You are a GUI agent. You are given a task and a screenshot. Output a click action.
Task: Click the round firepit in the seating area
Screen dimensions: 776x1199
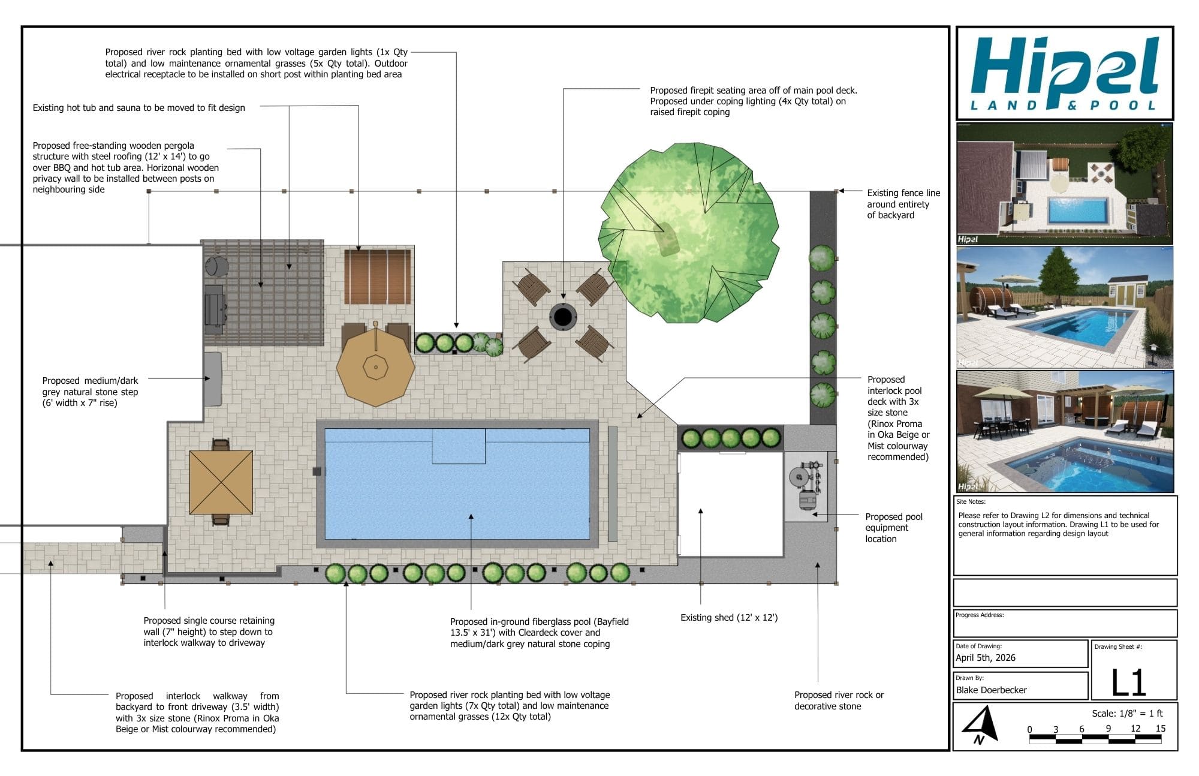(563, 315)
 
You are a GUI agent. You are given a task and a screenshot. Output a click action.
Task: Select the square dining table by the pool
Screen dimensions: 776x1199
(221, 482)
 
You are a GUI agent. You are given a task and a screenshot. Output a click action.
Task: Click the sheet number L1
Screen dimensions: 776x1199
(1128, 682)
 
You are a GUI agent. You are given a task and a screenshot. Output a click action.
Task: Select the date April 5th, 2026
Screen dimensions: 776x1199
(986, 658)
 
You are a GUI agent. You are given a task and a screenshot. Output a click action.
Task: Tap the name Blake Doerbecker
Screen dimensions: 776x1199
(991, 690)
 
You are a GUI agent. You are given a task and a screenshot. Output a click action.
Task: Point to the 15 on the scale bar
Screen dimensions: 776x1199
(1160, 729)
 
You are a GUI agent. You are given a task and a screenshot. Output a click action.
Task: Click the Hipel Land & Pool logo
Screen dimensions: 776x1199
(1064, 74)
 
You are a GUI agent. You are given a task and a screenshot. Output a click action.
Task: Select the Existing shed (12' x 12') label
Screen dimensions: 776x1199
(729, 618)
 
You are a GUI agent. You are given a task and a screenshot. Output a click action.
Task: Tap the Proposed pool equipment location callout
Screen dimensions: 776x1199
(893, 528)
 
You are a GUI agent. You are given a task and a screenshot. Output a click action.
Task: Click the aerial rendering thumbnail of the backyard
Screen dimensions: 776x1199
(1064, 184)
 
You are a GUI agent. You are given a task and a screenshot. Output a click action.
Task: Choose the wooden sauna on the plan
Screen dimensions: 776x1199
(378, 277)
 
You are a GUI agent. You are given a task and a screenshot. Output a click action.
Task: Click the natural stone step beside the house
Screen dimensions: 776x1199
(212, 379)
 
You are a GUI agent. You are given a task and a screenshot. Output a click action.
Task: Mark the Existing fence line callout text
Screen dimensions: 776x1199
(903, 204)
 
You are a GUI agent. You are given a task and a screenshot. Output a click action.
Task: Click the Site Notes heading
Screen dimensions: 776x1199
(971, 502)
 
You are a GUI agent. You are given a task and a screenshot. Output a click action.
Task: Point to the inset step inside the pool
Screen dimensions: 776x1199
(459, 446)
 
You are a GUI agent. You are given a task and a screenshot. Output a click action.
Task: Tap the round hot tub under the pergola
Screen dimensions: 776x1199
(216, 266)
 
